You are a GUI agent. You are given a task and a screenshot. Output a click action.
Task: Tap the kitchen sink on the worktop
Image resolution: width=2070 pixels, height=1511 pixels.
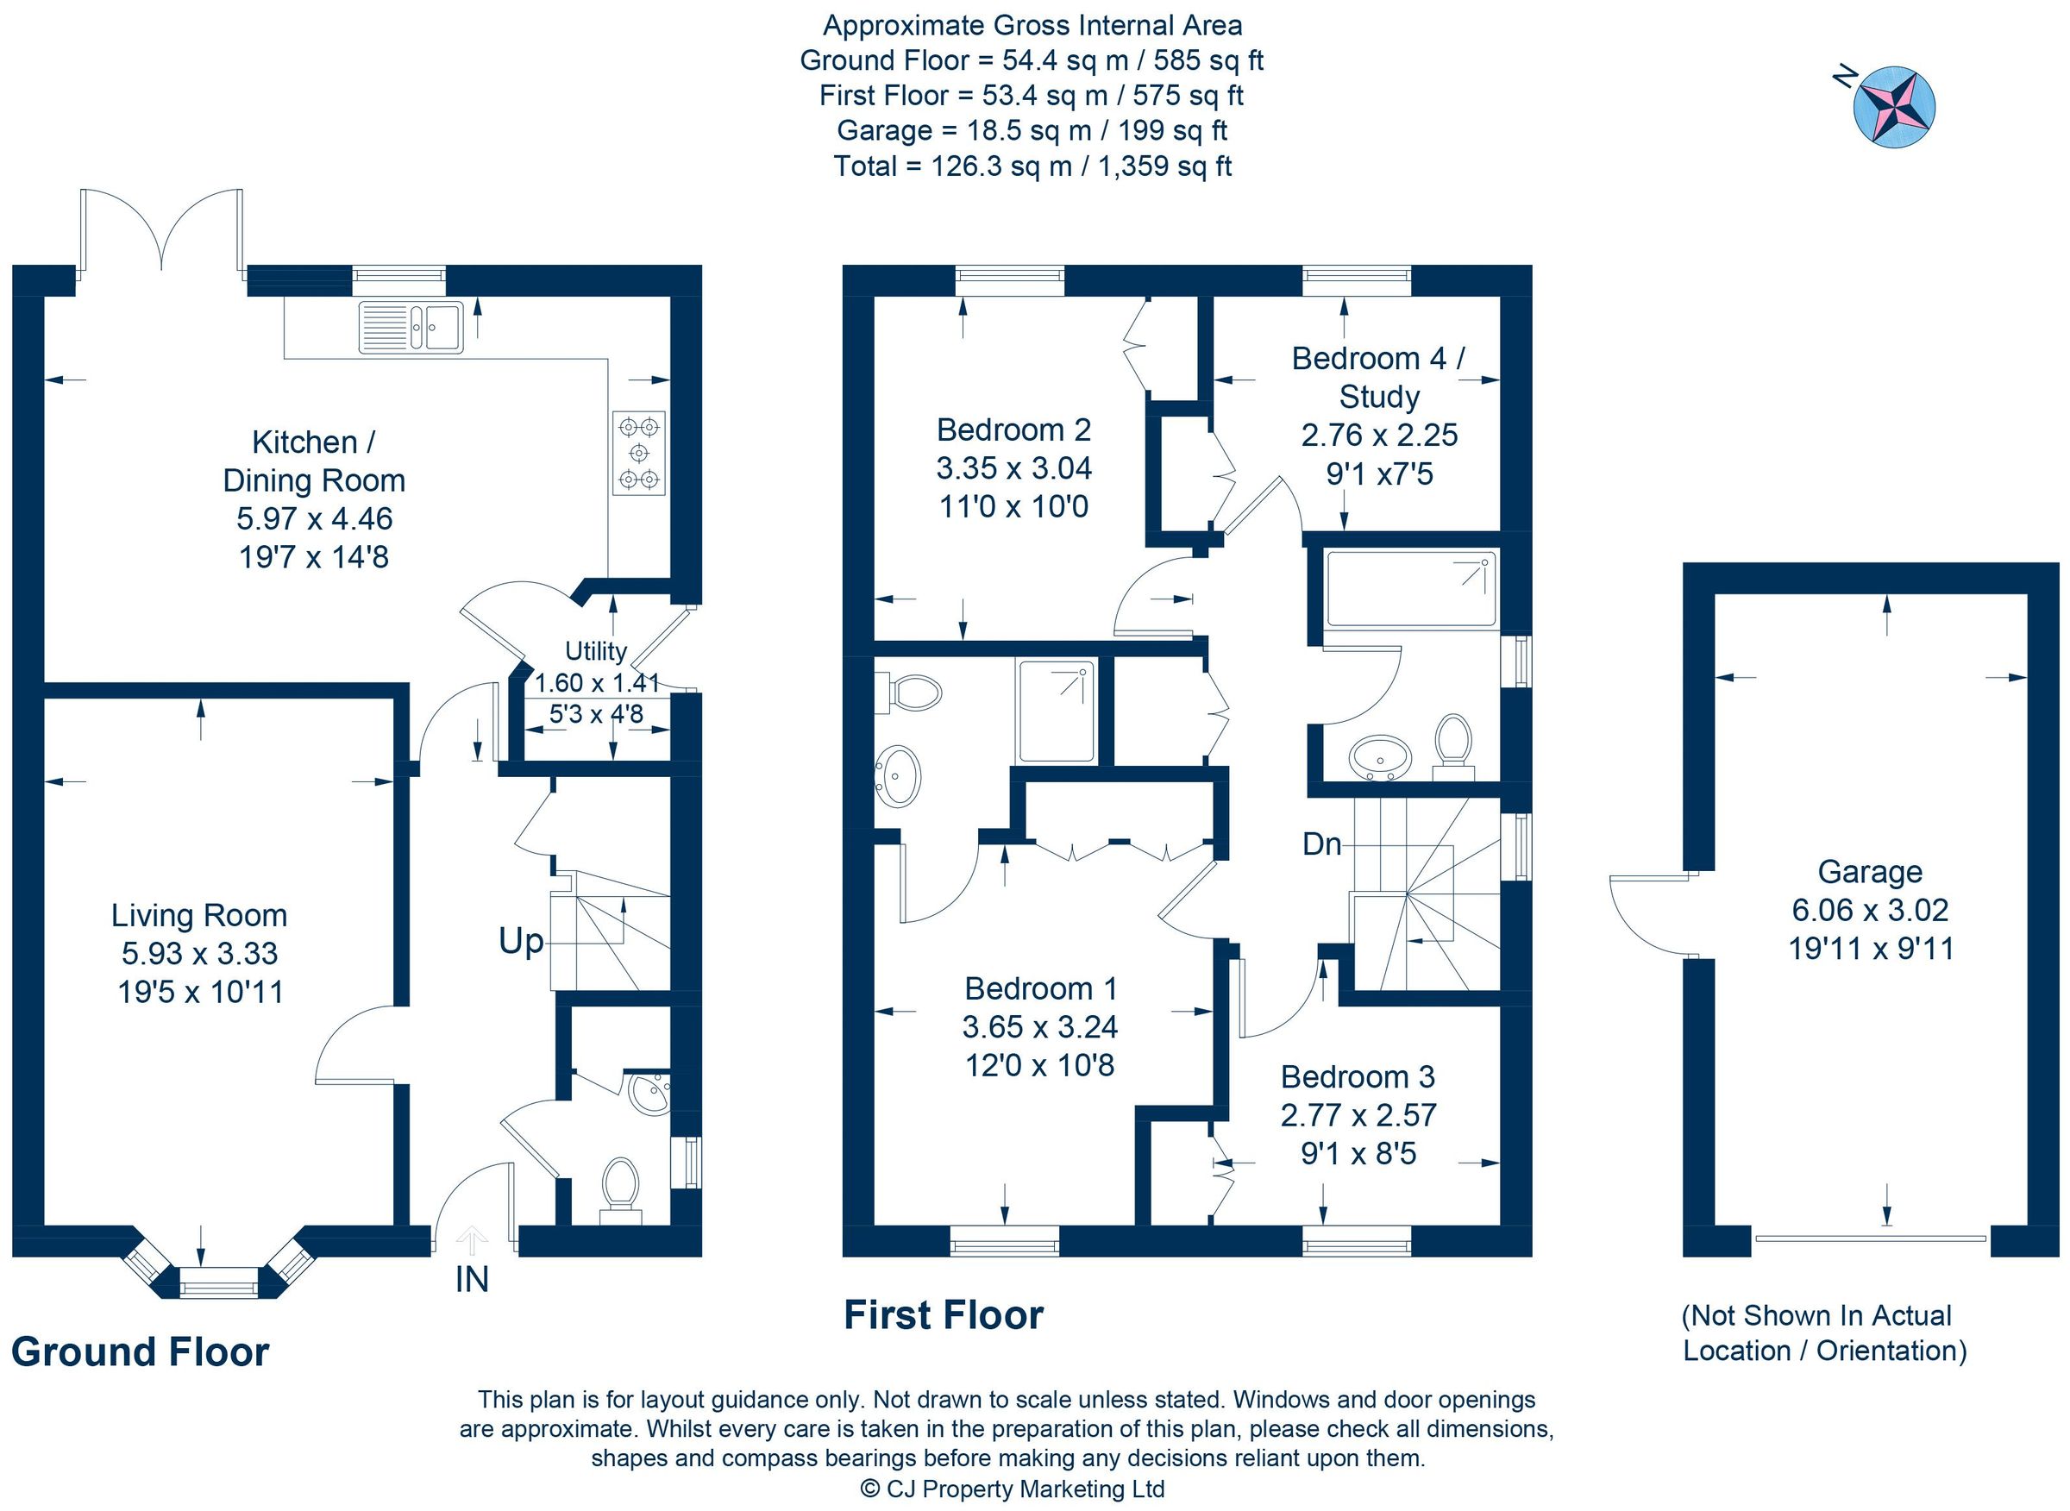[x=411, y=327]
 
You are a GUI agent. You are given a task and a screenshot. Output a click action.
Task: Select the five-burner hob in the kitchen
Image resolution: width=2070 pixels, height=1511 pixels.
[x=638, y=453]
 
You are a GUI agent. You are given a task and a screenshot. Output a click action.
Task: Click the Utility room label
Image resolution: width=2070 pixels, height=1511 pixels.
[x=595, y=651]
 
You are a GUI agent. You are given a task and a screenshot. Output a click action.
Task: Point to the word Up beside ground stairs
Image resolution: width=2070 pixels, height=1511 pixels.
[x=520, y=940]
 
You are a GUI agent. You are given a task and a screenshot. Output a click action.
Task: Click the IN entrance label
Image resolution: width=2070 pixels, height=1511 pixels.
[x=471, y=1280]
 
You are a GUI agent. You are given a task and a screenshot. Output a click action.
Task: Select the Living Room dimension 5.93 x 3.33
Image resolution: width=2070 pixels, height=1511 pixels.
[x=199, y=953]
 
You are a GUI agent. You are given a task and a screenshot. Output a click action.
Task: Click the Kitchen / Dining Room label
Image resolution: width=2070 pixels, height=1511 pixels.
[x=314, y=461]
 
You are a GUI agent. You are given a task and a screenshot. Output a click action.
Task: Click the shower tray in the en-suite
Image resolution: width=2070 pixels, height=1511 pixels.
[x=1056, y=712]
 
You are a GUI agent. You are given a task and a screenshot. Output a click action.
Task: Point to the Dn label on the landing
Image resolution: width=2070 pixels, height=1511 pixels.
[x=1320, y=844]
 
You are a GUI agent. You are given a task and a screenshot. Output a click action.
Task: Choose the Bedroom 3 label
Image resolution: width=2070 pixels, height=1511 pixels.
[x=1358, y=1076]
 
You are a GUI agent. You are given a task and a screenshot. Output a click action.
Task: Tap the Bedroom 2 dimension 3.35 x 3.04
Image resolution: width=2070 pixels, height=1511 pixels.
[x=1013, y=468]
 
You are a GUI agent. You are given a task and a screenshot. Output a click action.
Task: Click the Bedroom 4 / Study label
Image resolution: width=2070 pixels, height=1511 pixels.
[x=1378, y=377]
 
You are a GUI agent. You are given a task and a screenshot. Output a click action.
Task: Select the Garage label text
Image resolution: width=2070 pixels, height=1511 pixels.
[x=1870, y=872]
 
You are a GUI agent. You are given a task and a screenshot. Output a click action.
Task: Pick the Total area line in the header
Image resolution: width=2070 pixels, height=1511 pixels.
[x=1032, y=166]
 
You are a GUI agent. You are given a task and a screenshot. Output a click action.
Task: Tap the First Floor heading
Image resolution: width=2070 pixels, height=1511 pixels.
[x=943, y=1315]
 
